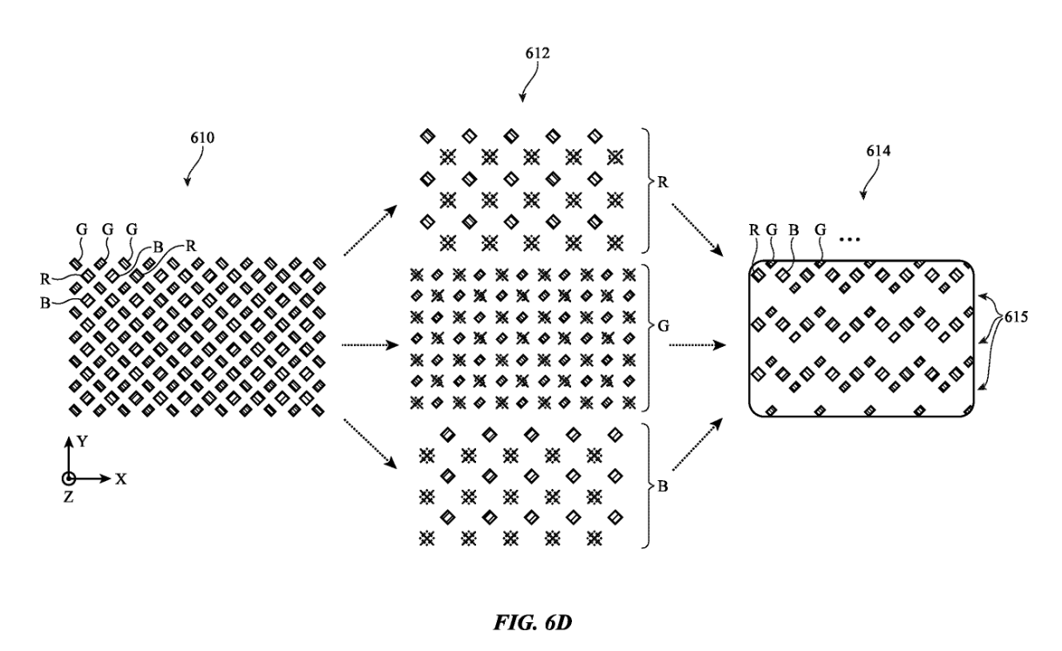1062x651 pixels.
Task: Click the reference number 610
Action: coord(201,137)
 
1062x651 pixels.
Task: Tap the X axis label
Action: coord(121,478)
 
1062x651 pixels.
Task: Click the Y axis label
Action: coord(83,442)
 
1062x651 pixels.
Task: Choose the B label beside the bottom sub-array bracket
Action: coord(663,486)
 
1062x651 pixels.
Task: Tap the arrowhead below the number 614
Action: coord(865,195)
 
